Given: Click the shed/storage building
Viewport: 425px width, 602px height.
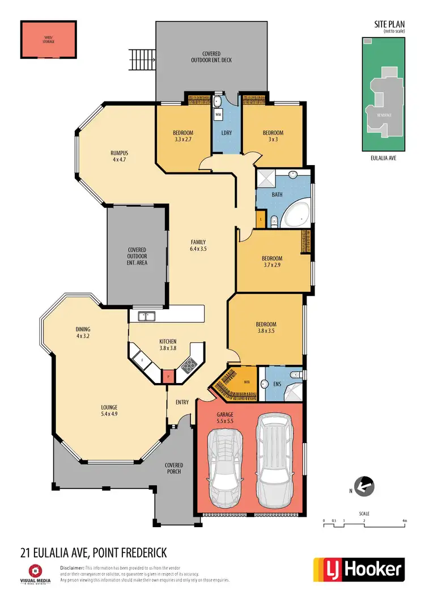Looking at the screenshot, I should pyautogui.click(x=48, y=40).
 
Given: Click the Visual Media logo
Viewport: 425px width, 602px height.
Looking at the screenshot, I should pyautogui.click(x=36, y=573).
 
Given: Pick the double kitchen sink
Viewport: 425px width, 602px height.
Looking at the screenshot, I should pyautogui.click(x=145, y=315).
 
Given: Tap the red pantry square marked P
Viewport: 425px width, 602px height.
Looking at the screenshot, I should pyautogui.click(x=168, y=376).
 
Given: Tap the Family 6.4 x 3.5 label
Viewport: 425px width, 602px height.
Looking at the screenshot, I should pyautogui.click(x=198, y=245).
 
